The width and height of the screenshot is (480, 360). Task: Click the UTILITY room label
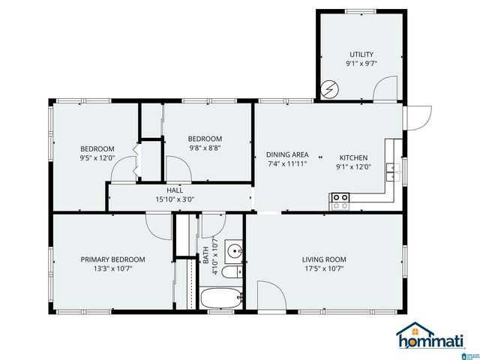[361, 54]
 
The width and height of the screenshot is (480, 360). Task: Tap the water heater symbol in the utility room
[328, 90]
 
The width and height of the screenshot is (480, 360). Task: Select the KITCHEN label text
[352, 157]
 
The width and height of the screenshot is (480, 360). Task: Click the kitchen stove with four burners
[340, 200]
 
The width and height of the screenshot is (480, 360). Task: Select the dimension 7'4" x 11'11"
[288, 163]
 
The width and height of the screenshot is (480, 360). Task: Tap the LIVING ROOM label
[324, 259]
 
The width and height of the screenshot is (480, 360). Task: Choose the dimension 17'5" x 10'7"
[324, 269]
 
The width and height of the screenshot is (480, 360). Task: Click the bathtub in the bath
[221, 298]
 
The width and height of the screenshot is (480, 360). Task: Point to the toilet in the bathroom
[234, 271]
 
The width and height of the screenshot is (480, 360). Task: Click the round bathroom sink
[235, 250]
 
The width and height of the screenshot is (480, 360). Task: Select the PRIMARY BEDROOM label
[113, 259]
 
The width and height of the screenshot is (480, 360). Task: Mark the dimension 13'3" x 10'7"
[113, 269]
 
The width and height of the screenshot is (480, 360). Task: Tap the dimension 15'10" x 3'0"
[175, 199]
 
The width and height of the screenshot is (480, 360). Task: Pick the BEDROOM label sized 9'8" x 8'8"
[205, 139]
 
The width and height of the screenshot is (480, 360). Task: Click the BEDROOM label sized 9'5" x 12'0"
[97, 148]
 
